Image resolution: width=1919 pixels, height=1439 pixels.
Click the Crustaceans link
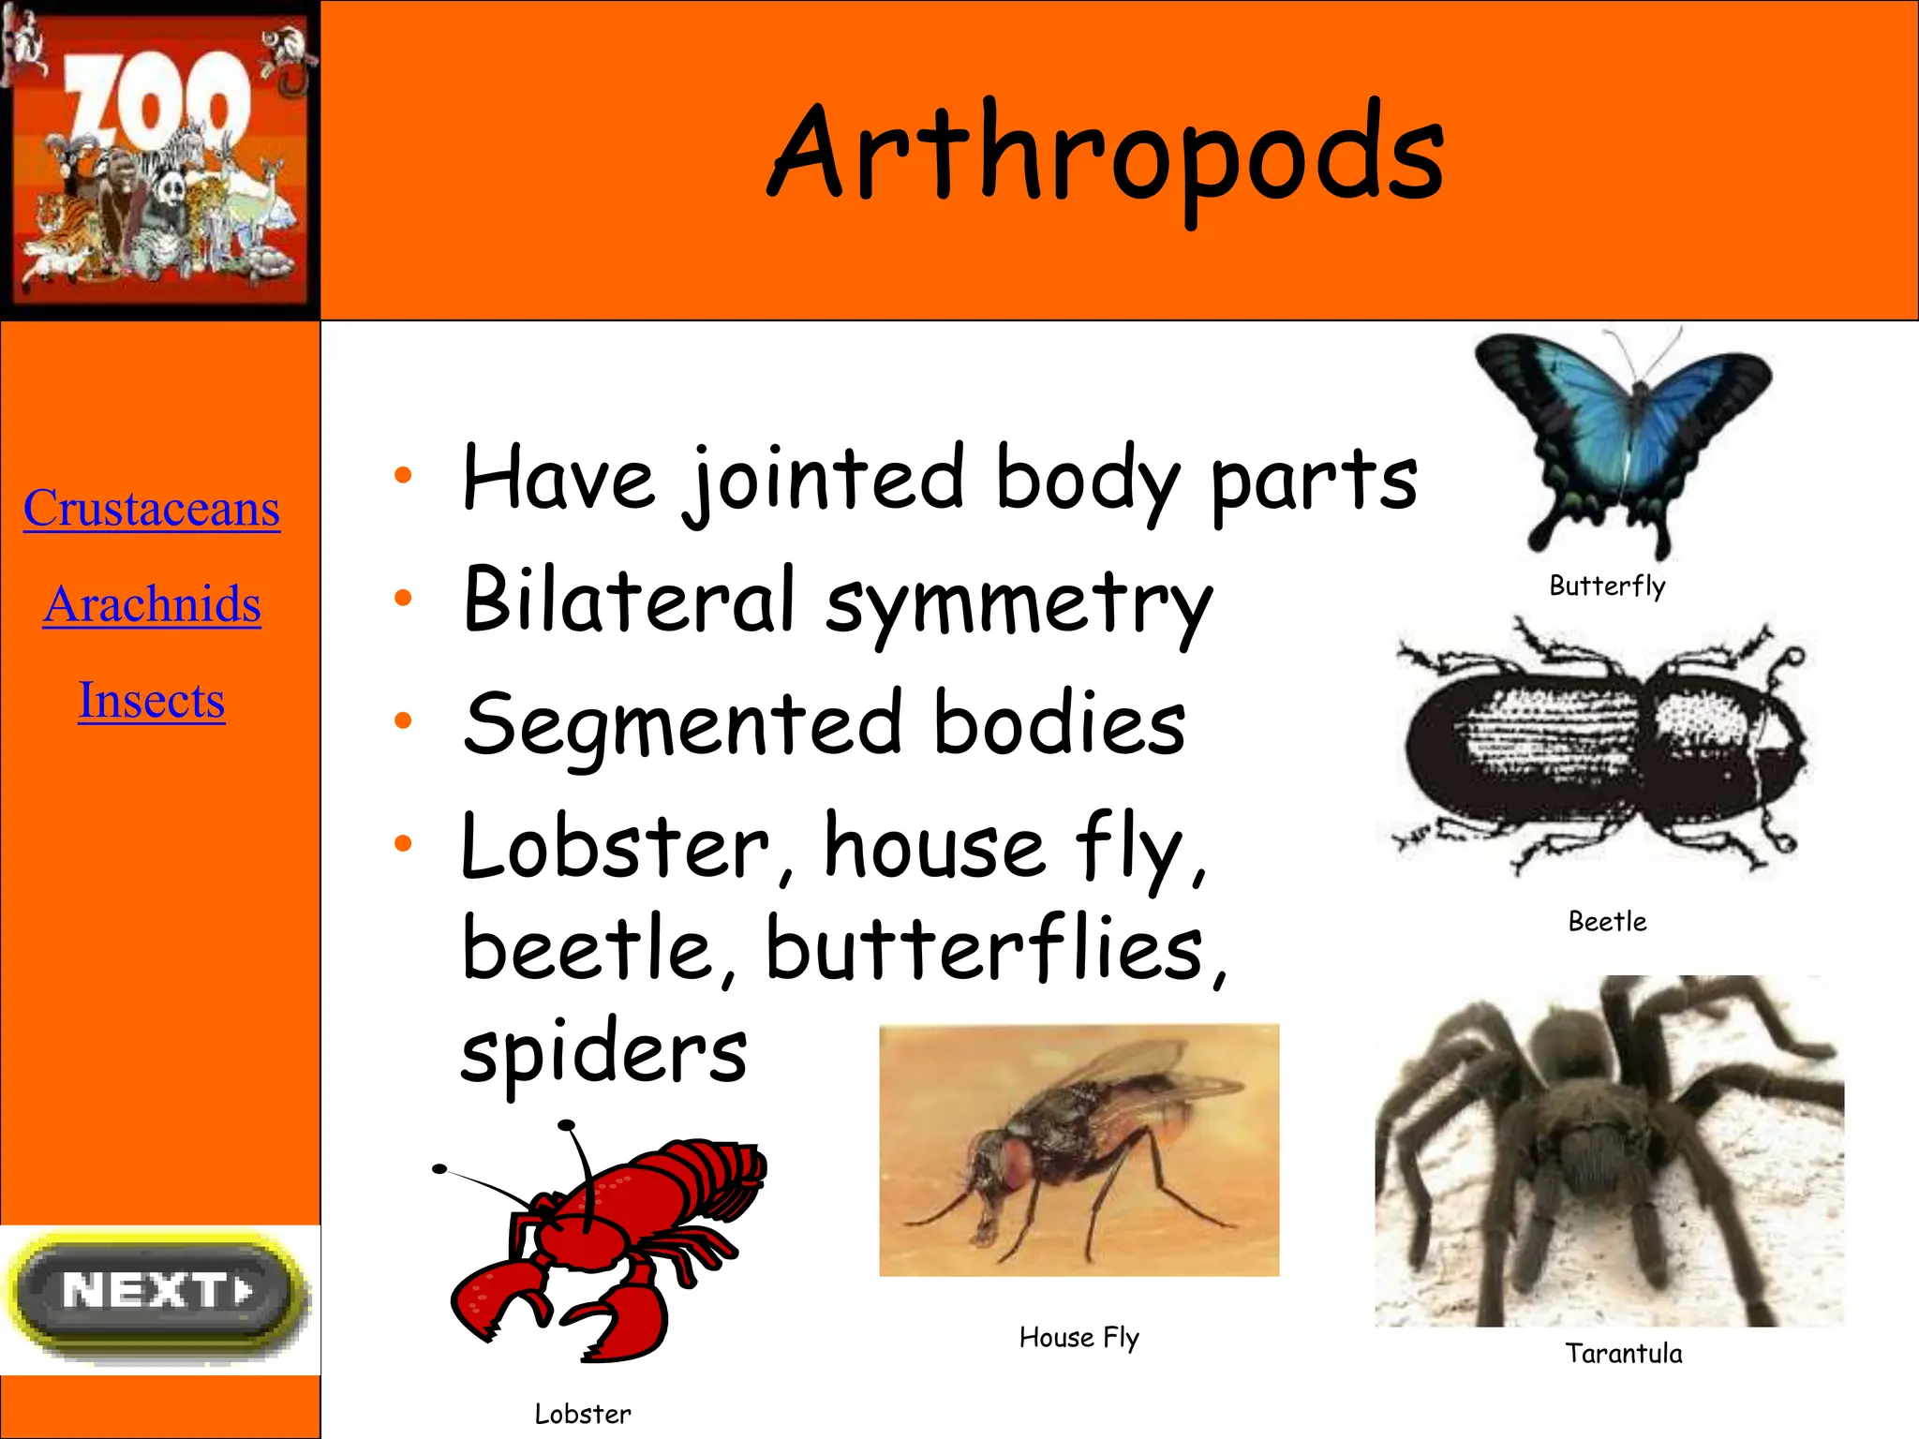[152, 509]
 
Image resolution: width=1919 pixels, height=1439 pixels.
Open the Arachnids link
[152, 604]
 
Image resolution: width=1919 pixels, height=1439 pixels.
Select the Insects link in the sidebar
[152, 700]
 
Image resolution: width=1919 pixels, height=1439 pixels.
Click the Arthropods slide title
[1106, 155]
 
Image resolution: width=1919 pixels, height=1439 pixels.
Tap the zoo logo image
[160, 159]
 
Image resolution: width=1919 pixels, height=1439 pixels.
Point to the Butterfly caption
[1607, 586]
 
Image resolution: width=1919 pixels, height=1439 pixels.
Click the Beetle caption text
[1607, 922]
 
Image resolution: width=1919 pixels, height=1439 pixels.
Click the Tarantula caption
[1623, 1354]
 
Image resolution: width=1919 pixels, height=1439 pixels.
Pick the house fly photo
[1079, 1150]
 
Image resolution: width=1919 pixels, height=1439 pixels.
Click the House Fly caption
[1079, 1338]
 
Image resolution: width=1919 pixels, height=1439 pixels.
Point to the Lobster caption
[582, 1415]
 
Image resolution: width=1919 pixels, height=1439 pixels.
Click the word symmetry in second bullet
[1019, 604]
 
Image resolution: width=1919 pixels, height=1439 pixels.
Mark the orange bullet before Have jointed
[403, 475]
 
